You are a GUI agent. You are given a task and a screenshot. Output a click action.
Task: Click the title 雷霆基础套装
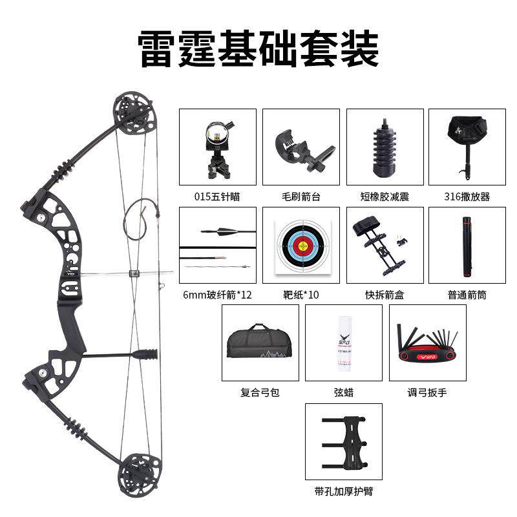(258, 48)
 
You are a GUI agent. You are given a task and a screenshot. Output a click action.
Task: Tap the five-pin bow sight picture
(217, 147)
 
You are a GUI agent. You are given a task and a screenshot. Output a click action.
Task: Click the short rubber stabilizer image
(385, 147)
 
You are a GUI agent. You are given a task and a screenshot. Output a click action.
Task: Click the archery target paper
(301, 246)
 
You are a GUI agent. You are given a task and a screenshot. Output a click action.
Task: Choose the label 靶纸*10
(301, 295)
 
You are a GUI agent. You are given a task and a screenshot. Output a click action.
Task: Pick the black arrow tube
(467, 246)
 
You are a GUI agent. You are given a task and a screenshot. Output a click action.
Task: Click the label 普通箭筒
(467, 295)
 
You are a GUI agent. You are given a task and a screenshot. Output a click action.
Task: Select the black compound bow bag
(260, 343)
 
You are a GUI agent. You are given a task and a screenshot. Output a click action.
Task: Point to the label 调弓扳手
(427, 392)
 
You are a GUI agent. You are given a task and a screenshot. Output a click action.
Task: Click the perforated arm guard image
(343, 441)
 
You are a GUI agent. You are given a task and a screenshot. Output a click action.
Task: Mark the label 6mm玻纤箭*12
(217, 295)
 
